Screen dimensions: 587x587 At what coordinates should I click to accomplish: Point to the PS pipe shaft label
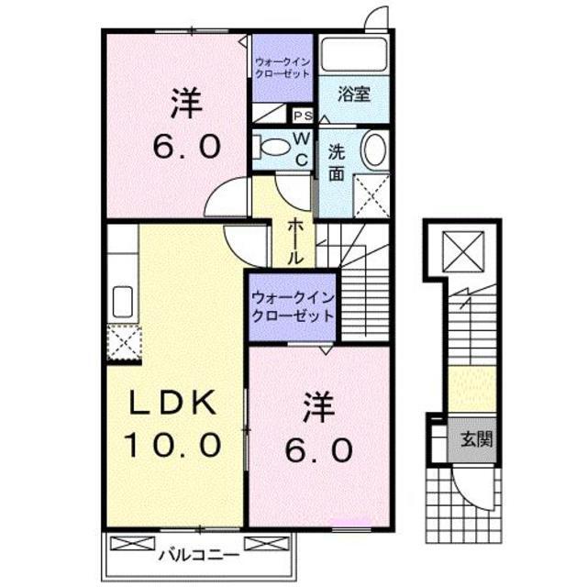coord(302,116)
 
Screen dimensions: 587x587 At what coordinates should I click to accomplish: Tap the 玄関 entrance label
coord(476,437)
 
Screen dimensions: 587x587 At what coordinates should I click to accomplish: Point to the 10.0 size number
coord(174,447)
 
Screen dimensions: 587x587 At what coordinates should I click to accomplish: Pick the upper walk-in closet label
coord(282,66)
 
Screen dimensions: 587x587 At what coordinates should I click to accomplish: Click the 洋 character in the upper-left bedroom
coord(183,102)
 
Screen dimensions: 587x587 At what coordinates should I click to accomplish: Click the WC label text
coord(301,148)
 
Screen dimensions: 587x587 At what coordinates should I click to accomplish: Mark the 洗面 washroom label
coord(337,161)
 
